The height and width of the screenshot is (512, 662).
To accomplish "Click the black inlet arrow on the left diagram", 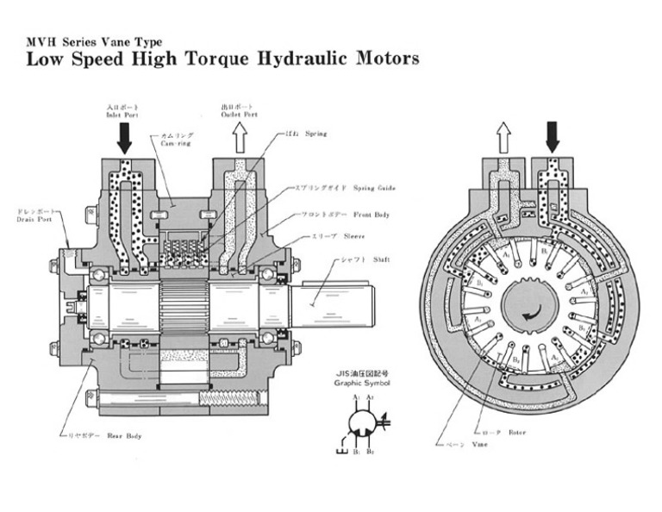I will [x=125, y=136].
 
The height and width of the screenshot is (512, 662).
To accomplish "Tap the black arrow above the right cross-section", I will [x=552, y=136].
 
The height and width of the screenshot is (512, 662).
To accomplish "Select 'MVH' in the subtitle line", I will [x=39, y=41].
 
